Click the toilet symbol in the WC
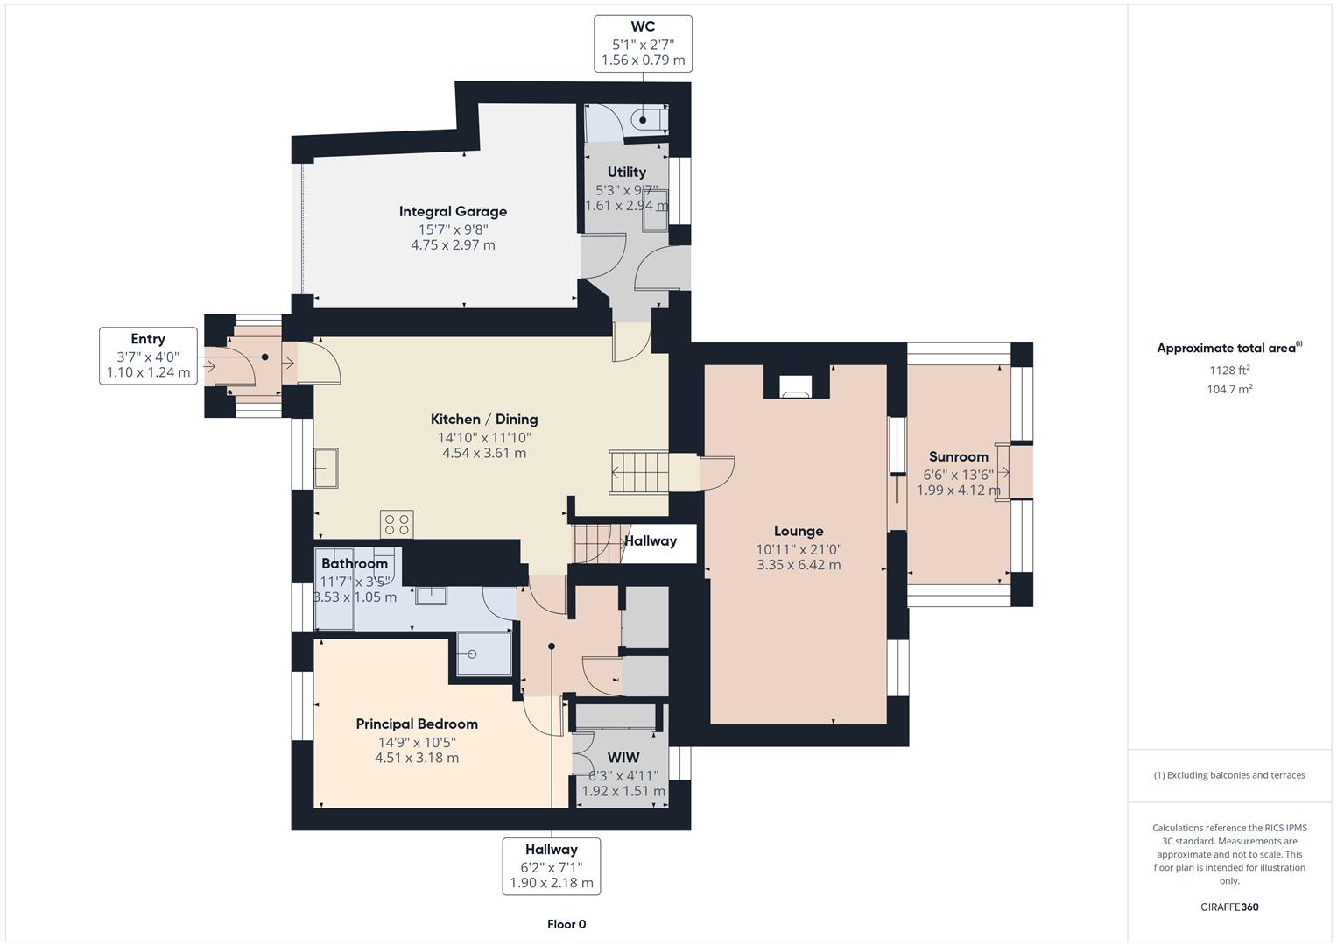pyautogui.click(x=648, y=120)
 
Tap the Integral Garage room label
pyautogui.click(x=453, y=211)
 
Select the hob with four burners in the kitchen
pyautogui.click(x=397, y=524)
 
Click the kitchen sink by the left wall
pyautogui.click(x=327, y=467)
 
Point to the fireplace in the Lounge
pyautogui.click(x=795, y=386)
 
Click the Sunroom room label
pyautogui.click(x=958, y=456)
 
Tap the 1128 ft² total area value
pyautogui.click(x=1229, y=370)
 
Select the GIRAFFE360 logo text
pyautogui.click(x=1229, y=907)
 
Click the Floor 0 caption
pyautogui.click(x=566, y=924)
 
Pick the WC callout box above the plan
pyautogui.click(x=643, y=43)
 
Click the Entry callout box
pyautogui.click(x=148, y=356)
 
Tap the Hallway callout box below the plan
pyautogui.click(x=552, y=865)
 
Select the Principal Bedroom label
pyautogui.click(x=417, y=724)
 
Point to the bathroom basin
pyautogui.click(x=432, y=596)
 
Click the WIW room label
pyautogui.click(x=623, y=758)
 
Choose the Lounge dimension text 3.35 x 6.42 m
pyautogui.click(x=799, y=565)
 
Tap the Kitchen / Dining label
pyautogui.click(x=484, y=419)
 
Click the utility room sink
pyautogui.click(x=654, y=210)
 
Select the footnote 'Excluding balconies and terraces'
pyautogui.click(x=1229, y=775)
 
